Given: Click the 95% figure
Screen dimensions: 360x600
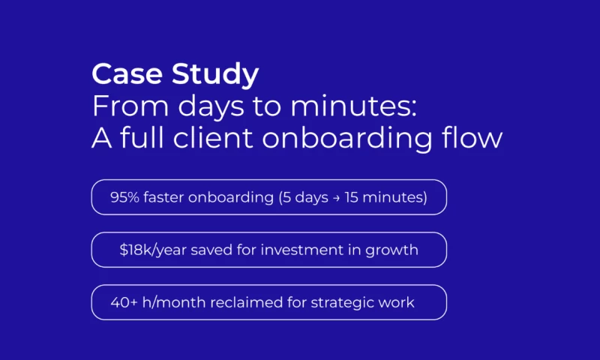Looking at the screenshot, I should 124,198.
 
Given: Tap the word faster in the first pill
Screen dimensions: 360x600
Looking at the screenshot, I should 163,198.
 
